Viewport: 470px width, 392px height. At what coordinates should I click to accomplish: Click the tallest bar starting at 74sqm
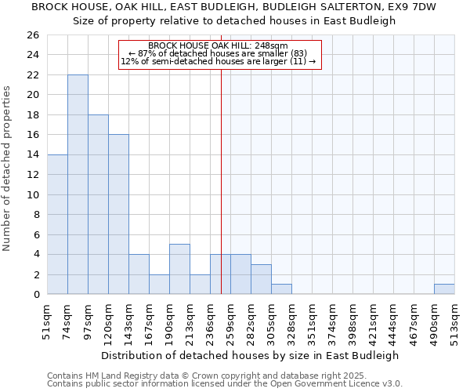click(x=78, y=184)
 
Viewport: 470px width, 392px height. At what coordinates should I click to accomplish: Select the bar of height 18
click(x=98, y=204)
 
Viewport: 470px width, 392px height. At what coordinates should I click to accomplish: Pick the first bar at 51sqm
click(x=57, y=224)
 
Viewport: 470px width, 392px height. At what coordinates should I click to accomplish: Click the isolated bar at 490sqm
click(x=444, y=289)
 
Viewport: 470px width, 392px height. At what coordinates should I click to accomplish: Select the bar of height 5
click(x=179, y=269)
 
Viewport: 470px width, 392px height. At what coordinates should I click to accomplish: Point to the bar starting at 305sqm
click(x=281, y=289)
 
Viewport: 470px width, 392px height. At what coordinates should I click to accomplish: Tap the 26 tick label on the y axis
click(x=32, y=35)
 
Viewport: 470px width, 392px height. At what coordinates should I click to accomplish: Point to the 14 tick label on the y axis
click(x=32, y=154)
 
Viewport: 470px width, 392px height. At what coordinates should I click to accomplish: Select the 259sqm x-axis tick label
click(x=230, y=320)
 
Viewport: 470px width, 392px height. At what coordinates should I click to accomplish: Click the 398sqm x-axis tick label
click(x=352, y=320)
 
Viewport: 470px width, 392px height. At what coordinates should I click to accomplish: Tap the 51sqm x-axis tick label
click(x=47, y=320)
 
